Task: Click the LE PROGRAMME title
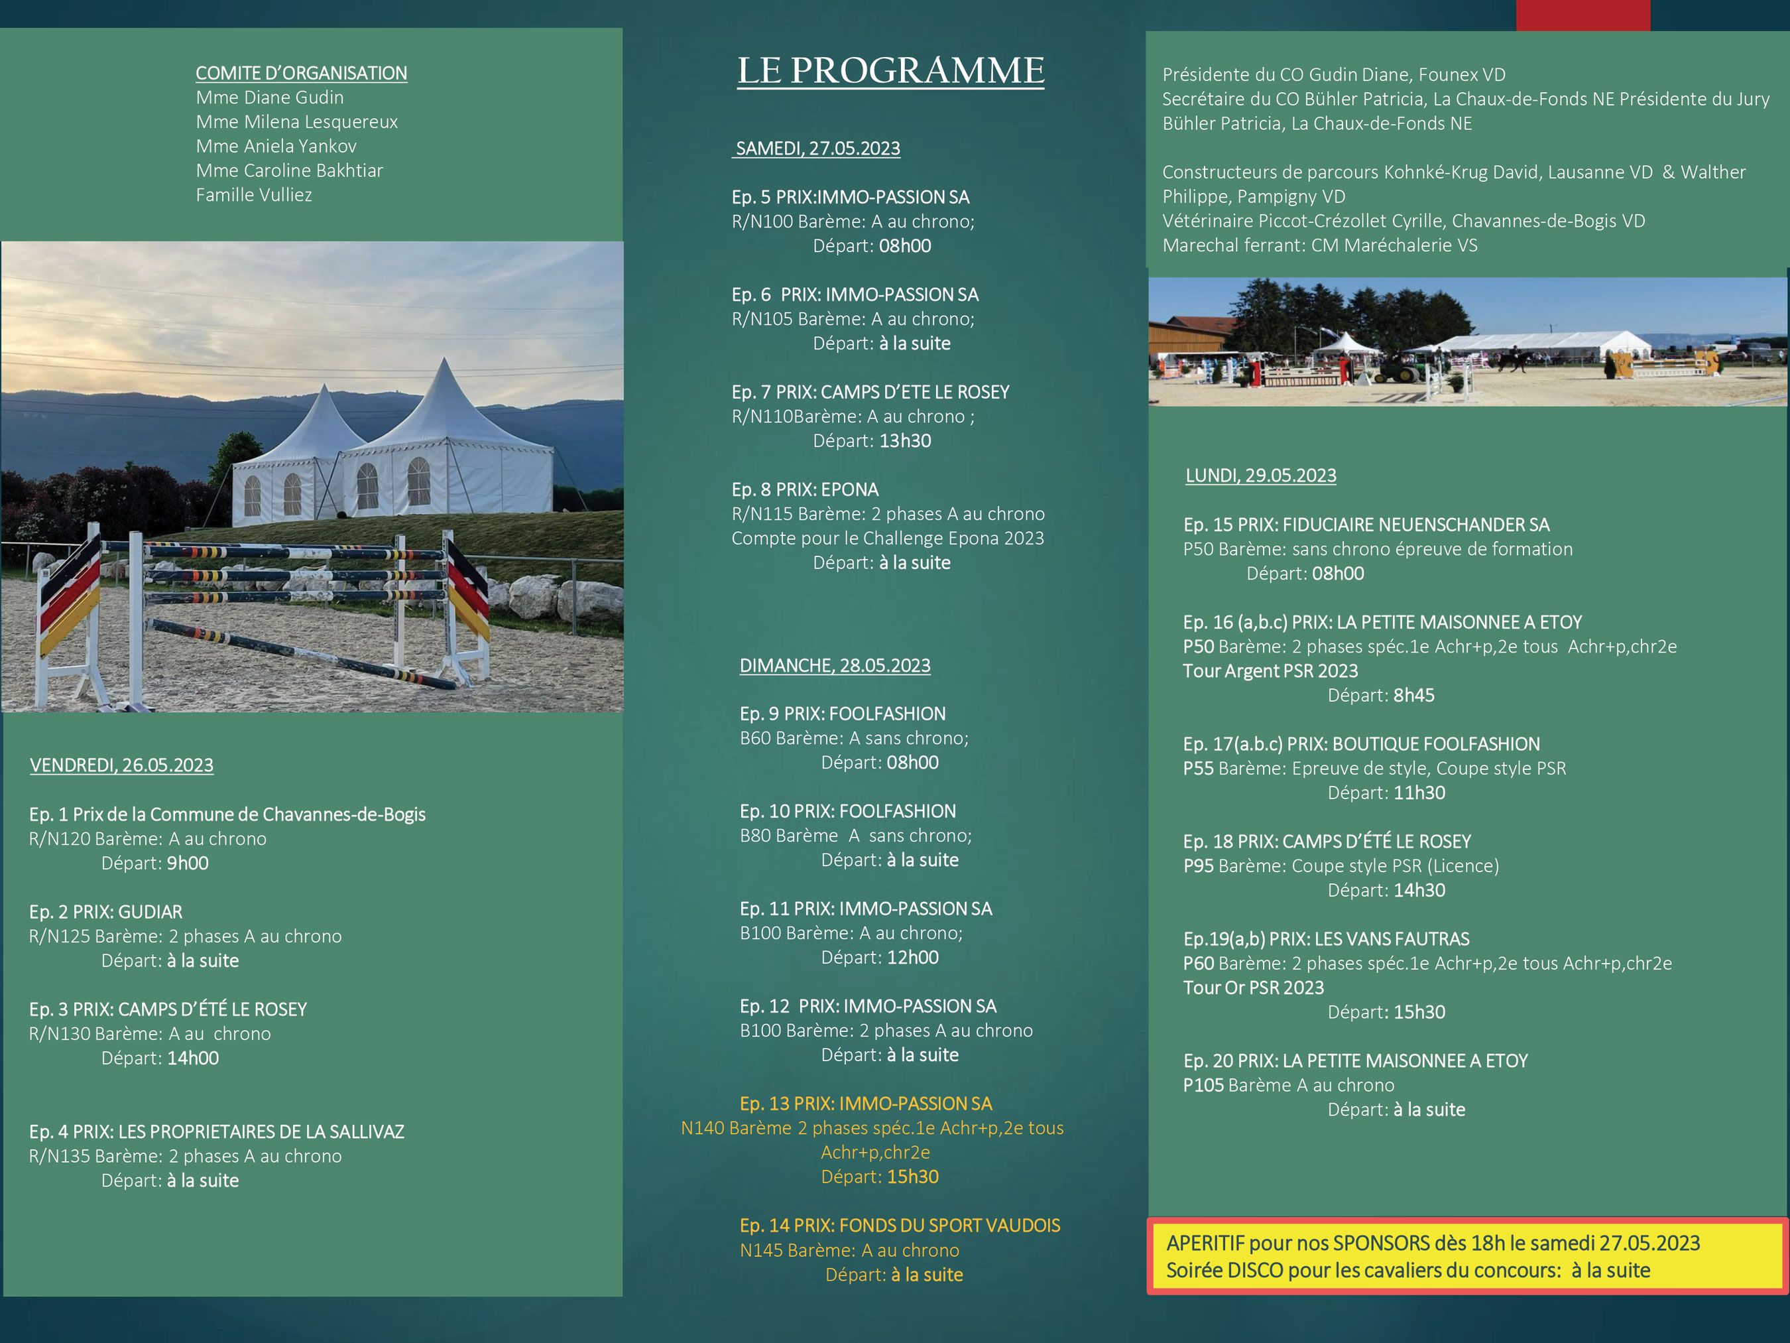[x=890, y=70]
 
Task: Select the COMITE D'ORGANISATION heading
[x=301, y=73]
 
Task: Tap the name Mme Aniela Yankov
[x=276, y=146]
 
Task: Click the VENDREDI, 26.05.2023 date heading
[x=121, y=765]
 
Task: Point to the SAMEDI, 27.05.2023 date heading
[x=817, y=148]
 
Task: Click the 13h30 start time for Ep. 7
[x=905, y=440]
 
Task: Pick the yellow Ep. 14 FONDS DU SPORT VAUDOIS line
[x=899, y=1225]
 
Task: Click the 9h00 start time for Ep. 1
[x=187, y=863]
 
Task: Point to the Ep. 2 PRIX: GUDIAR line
[x=106, y=911]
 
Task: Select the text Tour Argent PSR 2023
[x=1270, y=671]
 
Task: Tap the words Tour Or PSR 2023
[x=1253, y=987]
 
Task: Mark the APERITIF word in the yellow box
[x=1204, y=1243]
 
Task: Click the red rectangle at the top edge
[x=1583, y=15]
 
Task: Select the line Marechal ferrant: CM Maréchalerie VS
[x=1319, y=245]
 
